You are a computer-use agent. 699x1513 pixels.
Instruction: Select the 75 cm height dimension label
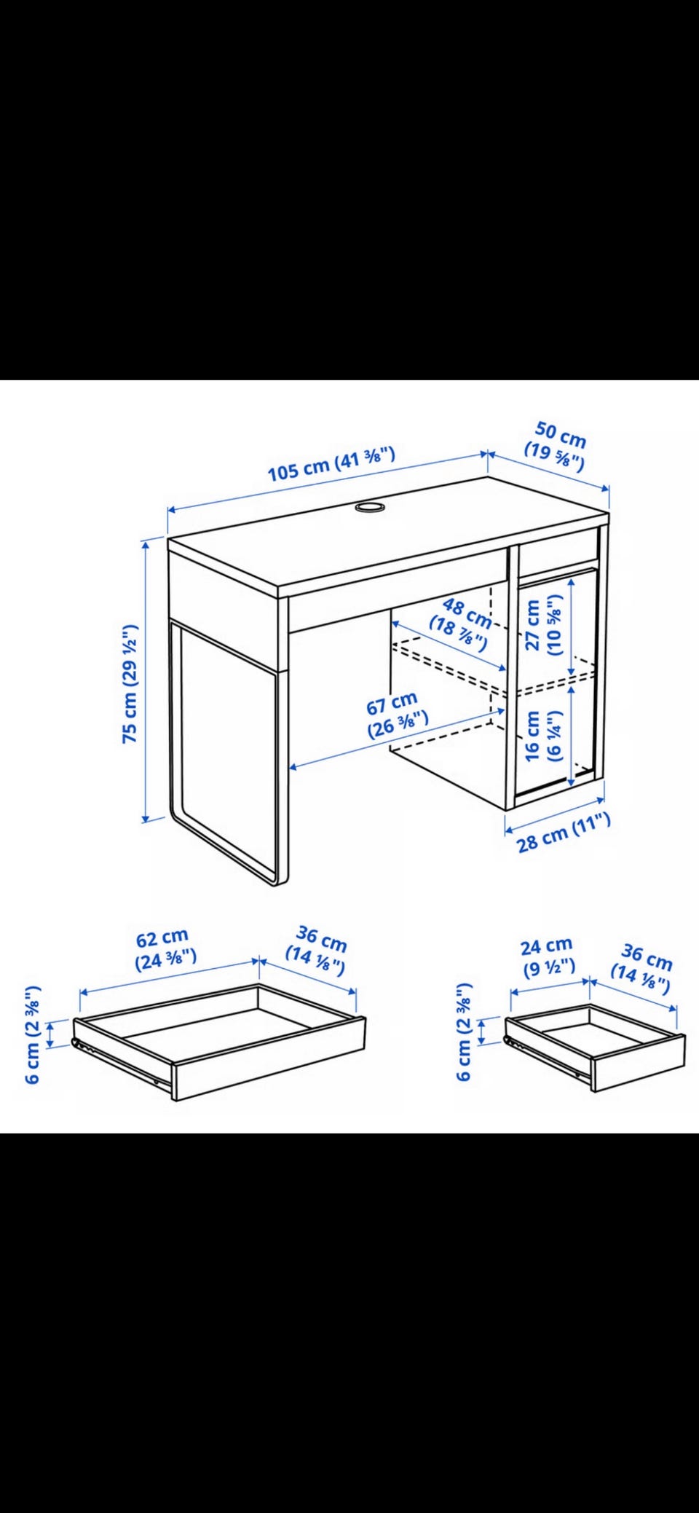click(x=130, y=683)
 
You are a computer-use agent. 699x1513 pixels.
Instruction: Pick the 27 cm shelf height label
click(x=544, y=625)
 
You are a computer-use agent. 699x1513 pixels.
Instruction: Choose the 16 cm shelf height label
click(x=544, y=736)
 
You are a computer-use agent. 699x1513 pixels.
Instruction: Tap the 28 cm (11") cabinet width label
click(x=564, y=833)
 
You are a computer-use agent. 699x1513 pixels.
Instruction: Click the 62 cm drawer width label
click(x=165, y=948)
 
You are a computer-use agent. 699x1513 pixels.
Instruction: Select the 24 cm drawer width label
click(x=548, y=956)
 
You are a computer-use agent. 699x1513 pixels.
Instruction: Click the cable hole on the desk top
click(x=371, y=507)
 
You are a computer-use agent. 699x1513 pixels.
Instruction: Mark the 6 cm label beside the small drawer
click(x=464, y=1032)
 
